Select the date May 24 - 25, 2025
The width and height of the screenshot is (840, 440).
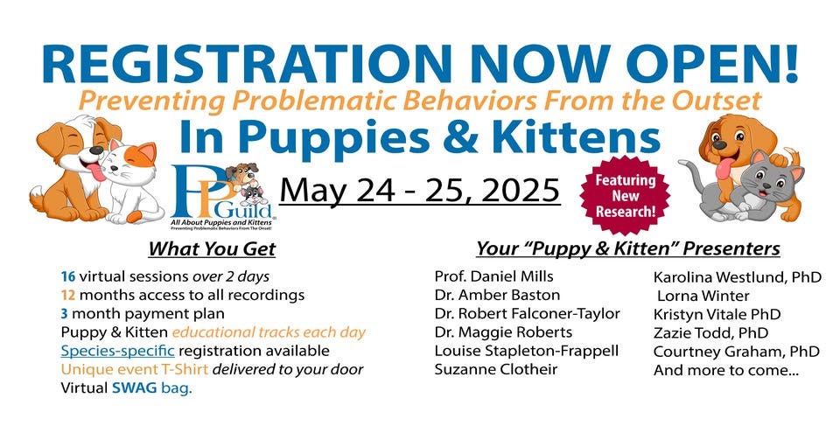pyautogui.click(x=420, y=189)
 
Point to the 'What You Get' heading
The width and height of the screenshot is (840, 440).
pyautogui.click(x=212, y=249)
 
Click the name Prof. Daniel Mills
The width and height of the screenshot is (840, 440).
pyautogui.click(x=494, y=276)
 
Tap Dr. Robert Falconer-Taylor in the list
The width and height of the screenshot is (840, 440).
pyautogui.click(x=527, y=313)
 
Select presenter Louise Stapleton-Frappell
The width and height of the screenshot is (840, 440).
pyautogui.click(x=526, y=350)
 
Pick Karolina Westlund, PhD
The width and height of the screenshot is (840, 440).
pyautogui.click(x=738, y=277)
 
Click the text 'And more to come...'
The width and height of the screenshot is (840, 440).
pyautogui.click(x=712, y=370)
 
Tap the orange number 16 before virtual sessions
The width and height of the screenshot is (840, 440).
pyautogui.click(x=68, y=277)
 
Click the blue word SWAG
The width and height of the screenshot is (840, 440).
pyautogui.click(x=129, y=388)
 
